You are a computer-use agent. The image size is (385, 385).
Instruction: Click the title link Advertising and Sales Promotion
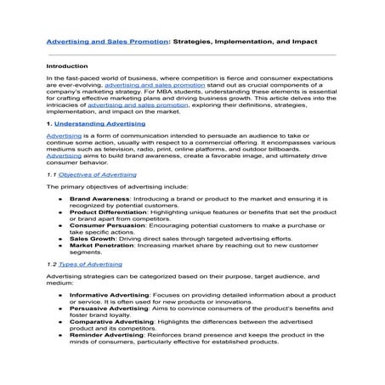coord(100,40)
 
